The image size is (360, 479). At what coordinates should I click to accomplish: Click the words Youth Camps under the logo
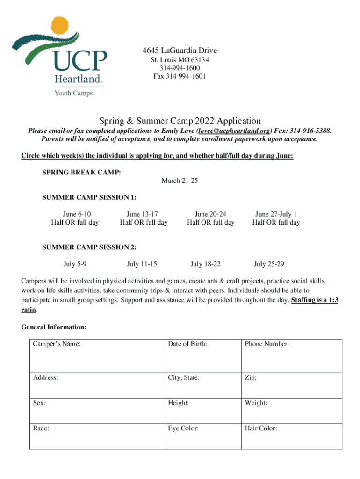click(x=74, y=93)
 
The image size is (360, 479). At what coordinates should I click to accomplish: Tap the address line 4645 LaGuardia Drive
click(x=180, y=51)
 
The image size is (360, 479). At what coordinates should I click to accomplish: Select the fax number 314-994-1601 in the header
click(x=180, y=76)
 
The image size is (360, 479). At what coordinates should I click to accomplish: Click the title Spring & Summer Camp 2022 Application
click(x=180, y=121)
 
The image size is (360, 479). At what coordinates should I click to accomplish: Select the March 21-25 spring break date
click(x=180, y=181)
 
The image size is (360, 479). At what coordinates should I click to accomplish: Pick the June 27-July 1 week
click(x=276, y=214)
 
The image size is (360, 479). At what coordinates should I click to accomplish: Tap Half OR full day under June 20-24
click(x=210, y=223)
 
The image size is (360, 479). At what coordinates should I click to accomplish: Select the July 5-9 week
click(x=75, y=264)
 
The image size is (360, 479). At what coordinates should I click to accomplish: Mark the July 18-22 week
click(x=205, y=264)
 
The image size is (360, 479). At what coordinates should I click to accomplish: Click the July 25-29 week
click(x=269, y=264)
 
